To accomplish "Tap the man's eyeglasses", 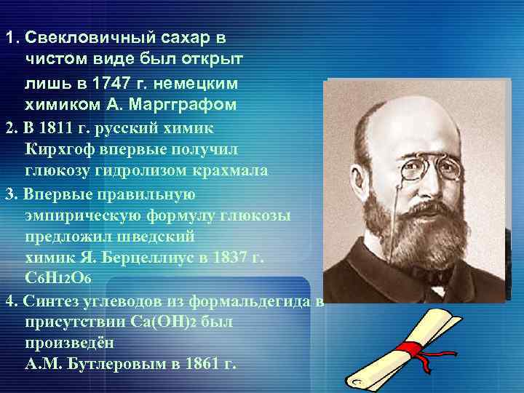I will [429, 168].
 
